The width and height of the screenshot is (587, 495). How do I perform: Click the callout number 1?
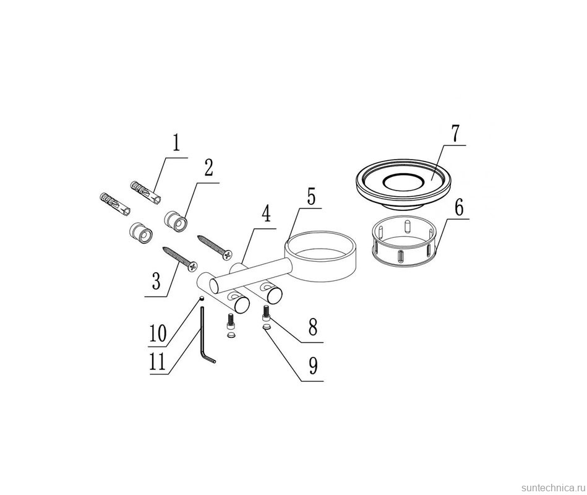176,143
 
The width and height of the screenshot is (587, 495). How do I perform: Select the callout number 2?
208,168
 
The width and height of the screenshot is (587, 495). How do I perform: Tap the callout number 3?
156,281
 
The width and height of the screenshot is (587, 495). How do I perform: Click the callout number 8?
312,327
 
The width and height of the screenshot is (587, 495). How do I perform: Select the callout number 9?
313,366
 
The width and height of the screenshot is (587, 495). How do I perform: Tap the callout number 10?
158,334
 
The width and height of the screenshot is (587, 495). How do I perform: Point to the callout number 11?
157,362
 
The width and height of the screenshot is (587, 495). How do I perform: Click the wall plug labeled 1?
147,192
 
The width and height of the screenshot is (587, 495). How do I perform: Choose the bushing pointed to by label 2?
176,222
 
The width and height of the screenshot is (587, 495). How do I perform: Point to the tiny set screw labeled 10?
201,298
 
